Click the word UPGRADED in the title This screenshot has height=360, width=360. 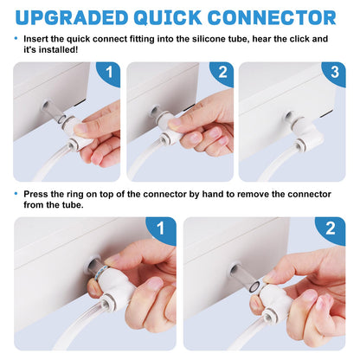tap(72, 17)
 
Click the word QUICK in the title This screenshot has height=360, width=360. tap(168, 18)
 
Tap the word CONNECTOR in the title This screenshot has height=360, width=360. tap(272, 17)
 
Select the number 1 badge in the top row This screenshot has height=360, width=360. tap(109, 73)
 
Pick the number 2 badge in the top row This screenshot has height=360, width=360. tap(222, 73)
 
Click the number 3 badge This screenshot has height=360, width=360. tap(334, 72)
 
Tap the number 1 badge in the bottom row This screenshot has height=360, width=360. tap(161, 229)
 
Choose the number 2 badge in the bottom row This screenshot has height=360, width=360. tap(331, 229)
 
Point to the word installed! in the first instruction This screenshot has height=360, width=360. tap(59, 49)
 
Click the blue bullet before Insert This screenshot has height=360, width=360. tap(16, 38)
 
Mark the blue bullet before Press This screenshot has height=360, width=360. tap(16, 194)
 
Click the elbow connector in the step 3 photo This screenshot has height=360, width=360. tap(307, 132)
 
